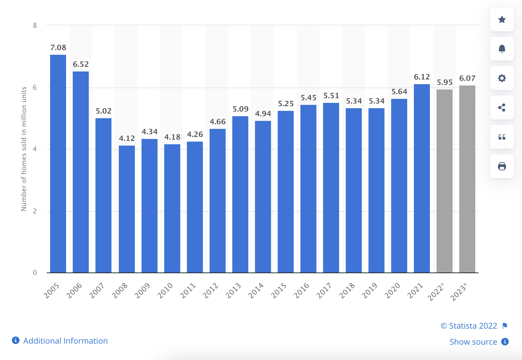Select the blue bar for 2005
click(58, 164)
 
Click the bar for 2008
click(127, 209)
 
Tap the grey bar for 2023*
click(467, 179)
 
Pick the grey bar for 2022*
click(445, 181)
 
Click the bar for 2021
click(422, 178)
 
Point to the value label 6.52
click(81, 64)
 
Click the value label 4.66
click(218, 122)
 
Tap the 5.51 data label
click(331, 96)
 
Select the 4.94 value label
click(263, 114)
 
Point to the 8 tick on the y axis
click(35, 25)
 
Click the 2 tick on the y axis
click(35, 211)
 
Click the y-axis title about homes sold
click(24, 149)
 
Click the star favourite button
click(502, 20)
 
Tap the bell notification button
click(502, 49)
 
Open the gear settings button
click(502, 78)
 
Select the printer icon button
click(502, 166)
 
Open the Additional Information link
click(65, 341)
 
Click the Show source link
click(473, 342)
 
